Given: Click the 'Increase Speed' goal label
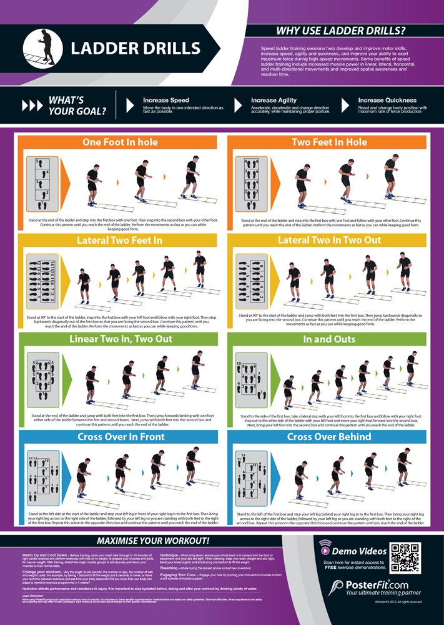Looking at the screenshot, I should click(x=165, y=100).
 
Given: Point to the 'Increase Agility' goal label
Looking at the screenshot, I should click(x=274, y=100).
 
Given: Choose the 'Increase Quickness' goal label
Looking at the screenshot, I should click(x=387, y=100).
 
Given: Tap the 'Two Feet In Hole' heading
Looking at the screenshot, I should click(x=329, y=142).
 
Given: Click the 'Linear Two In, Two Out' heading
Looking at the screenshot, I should click(x=119, y=339).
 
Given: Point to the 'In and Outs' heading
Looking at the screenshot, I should click(x=329, y=339).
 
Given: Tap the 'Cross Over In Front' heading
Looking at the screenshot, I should click(x=119, y=437).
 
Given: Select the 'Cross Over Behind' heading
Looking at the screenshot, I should click(x=329, y=437).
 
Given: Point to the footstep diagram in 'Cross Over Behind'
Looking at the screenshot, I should click(x=249, y=478).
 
